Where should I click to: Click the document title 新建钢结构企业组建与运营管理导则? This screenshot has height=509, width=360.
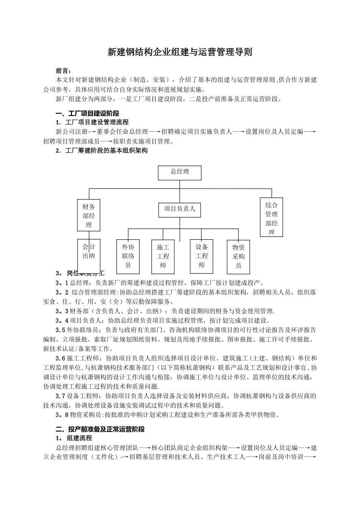pos(180,52)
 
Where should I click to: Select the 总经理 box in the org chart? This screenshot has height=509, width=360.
pos(180,173)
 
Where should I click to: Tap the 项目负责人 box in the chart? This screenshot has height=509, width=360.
pos(180,209)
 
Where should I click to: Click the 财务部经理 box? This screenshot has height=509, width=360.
pos(89,215)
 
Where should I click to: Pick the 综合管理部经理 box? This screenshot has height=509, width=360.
pos(271,217)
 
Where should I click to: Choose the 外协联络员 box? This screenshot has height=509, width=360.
pos(128,256)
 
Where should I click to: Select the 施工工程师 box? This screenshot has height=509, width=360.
pos(163,256)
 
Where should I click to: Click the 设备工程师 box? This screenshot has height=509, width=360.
pos(202,256)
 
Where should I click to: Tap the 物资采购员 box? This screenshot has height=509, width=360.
pos(238,256)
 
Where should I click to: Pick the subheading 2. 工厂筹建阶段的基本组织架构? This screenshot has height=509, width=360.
pos(102,151)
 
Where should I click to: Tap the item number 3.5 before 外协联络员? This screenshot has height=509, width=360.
pos(61,329)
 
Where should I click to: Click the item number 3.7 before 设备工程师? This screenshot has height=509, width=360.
pos(61,396)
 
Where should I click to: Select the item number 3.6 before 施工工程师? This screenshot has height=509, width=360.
pos(61,358)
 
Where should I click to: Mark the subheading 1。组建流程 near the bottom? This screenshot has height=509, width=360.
pos(74,438)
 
